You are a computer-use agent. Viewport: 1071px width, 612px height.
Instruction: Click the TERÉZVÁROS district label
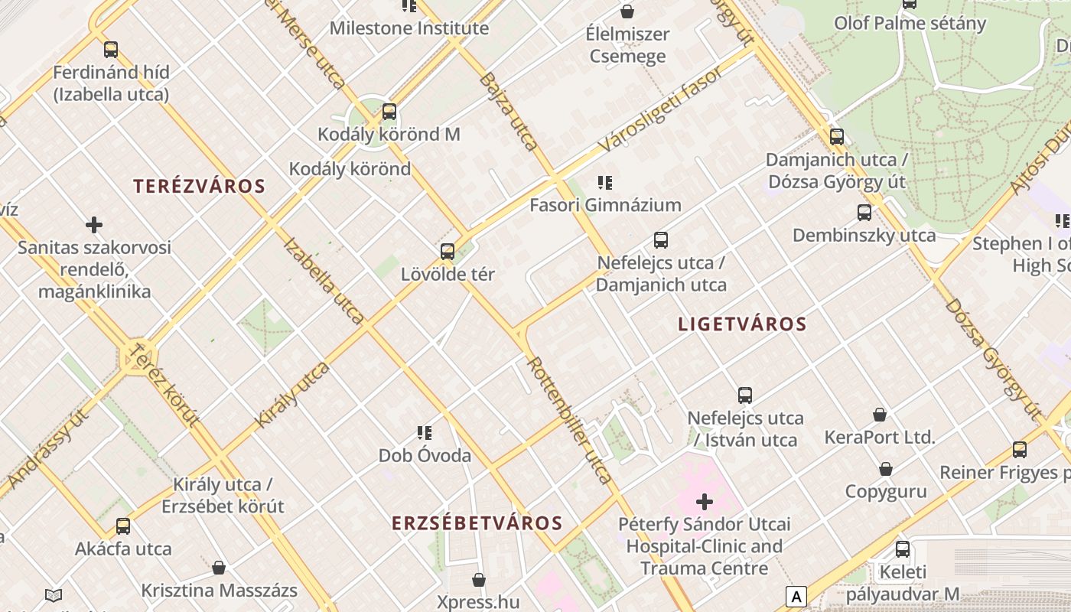point(199,186)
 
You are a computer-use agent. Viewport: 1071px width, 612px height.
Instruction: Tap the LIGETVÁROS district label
point(742,324)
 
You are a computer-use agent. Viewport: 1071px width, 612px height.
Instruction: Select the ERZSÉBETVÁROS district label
point(477,523)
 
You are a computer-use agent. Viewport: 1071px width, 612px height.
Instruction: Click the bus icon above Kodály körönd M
point(389,112)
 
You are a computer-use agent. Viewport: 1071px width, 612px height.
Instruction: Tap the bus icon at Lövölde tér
point(448,251)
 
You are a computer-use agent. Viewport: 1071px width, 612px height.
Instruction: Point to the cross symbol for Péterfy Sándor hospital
point(705,502)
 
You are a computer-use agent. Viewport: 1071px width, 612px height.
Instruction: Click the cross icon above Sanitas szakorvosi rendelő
point(94,225)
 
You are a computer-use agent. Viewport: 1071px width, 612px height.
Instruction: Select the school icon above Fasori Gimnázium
point(605,182)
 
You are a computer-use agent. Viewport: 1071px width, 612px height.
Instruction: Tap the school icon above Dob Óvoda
point(425,433)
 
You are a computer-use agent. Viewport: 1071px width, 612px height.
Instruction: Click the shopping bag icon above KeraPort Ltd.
point(880,415)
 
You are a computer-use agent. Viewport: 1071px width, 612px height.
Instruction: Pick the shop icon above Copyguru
point(886,469)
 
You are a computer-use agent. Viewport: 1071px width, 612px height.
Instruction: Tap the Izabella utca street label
point(324,281)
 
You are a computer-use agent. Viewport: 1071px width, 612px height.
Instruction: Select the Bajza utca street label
point(509,111)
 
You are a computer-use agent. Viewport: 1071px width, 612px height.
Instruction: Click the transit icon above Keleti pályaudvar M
point(903,549)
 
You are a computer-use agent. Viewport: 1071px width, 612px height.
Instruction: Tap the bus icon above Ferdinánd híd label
point(111,50)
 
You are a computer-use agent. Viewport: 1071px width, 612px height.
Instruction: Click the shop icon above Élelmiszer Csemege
point(627,11)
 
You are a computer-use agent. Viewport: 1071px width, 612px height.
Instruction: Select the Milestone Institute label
point(409,28)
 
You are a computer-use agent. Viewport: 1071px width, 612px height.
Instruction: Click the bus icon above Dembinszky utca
point(864,213)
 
